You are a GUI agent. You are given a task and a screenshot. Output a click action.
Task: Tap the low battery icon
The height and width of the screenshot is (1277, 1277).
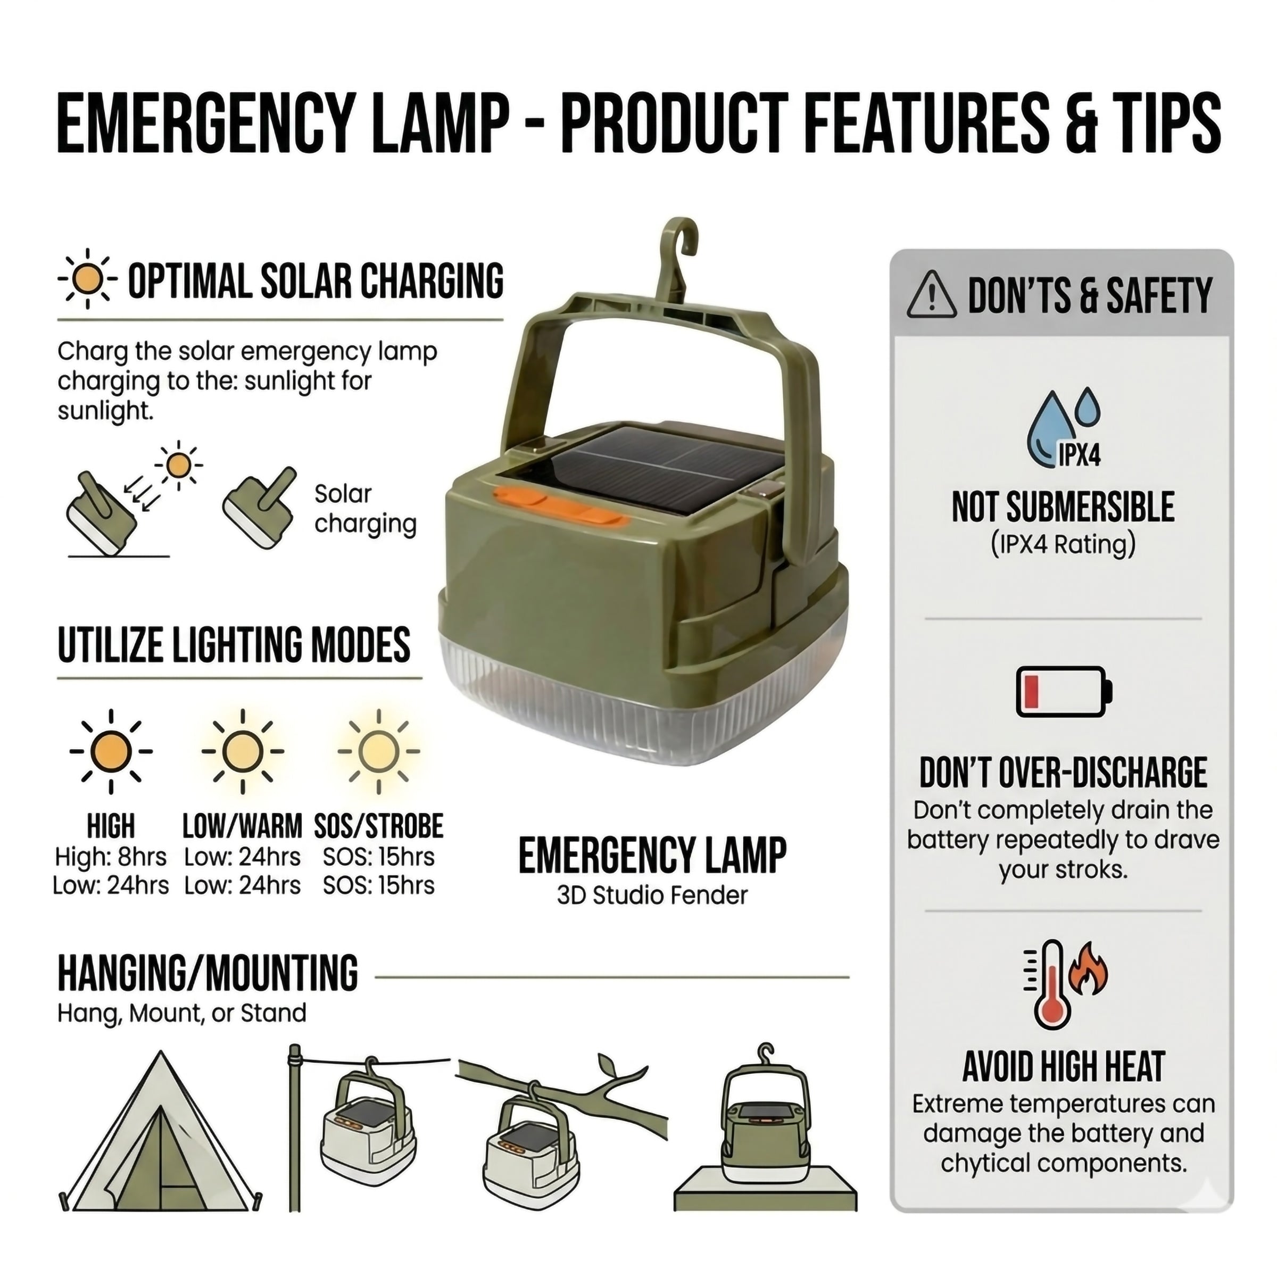[1063, 691]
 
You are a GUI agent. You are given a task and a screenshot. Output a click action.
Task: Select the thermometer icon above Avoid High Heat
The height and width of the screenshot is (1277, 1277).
[1051, 985]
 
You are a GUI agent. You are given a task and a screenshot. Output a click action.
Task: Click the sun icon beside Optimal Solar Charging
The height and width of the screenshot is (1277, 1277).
[87, 279]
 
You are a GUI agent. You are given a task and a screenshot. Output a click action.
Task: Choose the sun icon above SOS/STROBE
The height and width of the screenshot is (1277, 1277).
[378, 751]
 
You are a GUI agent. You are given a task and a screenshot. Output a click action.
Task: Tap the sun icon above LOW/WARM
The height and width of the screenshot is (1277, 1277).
[243, 751]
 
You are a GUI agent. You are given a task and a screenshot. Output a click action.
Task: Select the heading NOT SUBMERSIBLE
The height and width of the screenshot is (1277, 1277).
[1063, 508]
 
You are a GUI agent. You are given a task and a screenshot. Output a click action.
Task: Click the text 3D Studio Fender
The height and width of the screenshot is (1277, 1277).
[652, 895]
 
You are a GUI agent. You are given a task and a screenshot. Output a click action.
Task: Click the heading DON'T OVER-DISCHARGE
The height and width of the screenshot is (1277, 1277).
[1063, 772]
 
